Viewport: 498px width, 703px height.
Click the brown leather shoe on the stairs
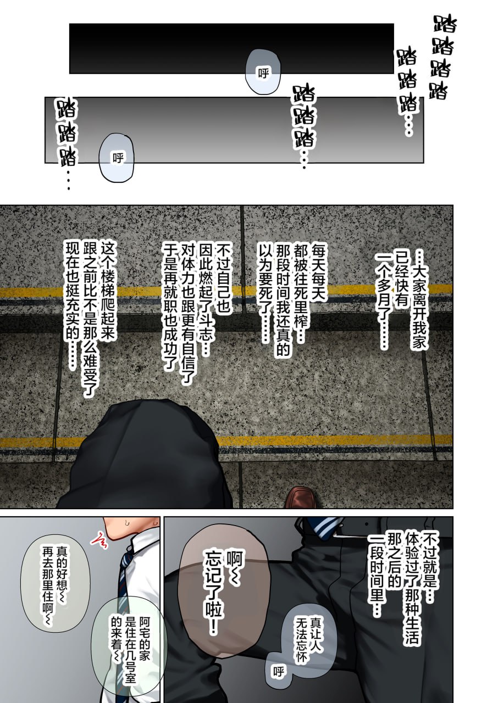point(301,497)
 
